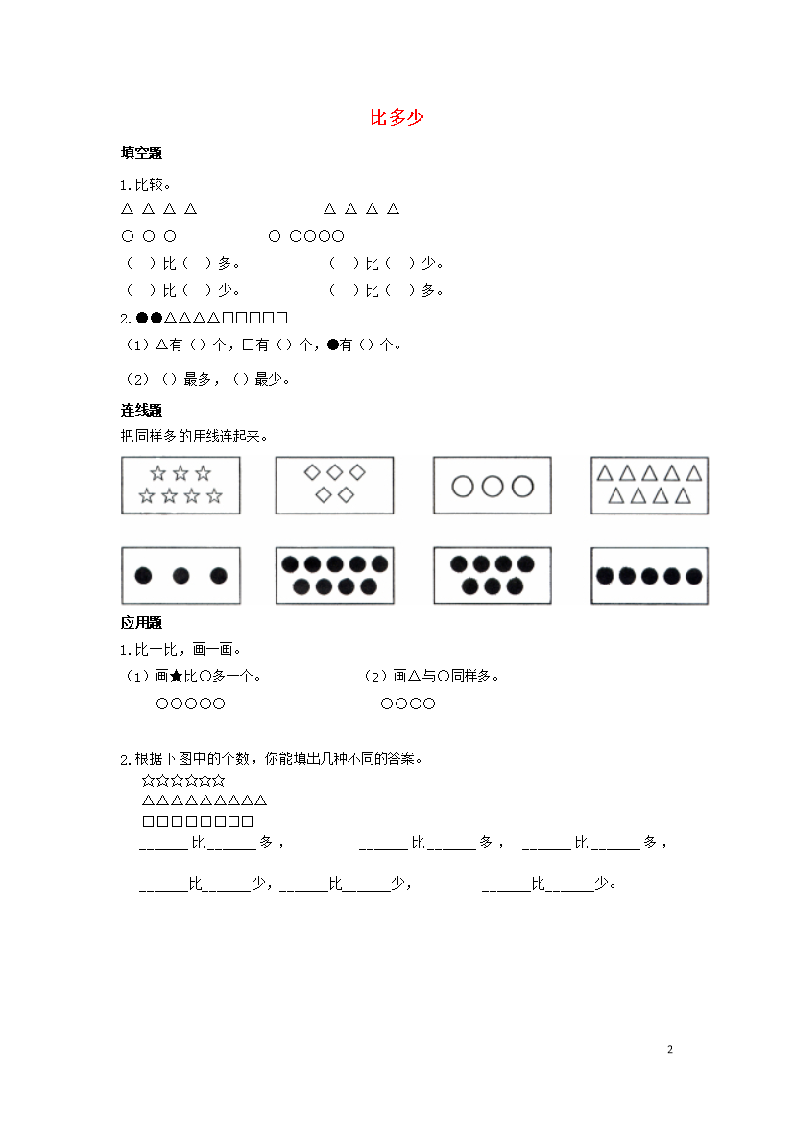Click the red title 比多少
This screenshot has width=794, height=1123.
click(397, 117)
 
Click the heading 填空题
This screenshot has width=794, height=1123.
click(141, 154)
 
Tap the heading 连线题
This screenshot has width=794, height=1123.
click(141, 411)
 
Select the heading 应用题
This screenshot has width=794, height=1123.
click(141, 622)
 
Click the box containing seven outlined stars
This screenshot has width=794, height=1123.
click(180, 486)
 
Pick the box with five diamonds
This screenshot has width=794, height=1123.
click(335, 486)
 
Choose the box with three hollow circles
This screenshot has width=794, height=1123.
click(493, 486)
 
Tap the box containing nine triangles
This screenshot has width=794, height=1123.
click(649, 486)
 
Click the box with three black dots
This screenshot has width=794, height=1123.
click(180, 576)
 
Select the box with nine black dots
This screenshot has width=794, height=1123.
click(335, 576)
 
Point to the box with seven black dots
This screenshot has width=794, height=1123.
click(493, 576)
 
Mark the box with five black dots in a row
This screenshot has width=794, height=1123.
click(649, 576)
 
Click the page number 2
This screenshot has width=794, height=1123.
click(670, 1049)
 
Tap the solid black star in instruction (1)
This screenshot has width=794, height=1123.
click(177, 676)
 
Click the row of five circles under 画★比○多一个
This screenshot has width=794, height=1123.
click(191, 704)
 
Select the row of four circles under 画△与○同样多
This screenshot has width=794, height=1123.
click(408, 704)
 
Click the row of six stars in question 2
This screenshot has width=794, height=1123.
click(183, 780)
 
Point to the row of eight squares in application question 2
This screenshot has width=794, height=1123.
click(198, 822)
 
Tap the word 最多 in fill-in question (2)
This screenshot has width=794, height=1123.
click(197, 379)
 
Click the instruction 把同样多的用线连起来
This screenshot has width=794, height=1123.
click(194, 436)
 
